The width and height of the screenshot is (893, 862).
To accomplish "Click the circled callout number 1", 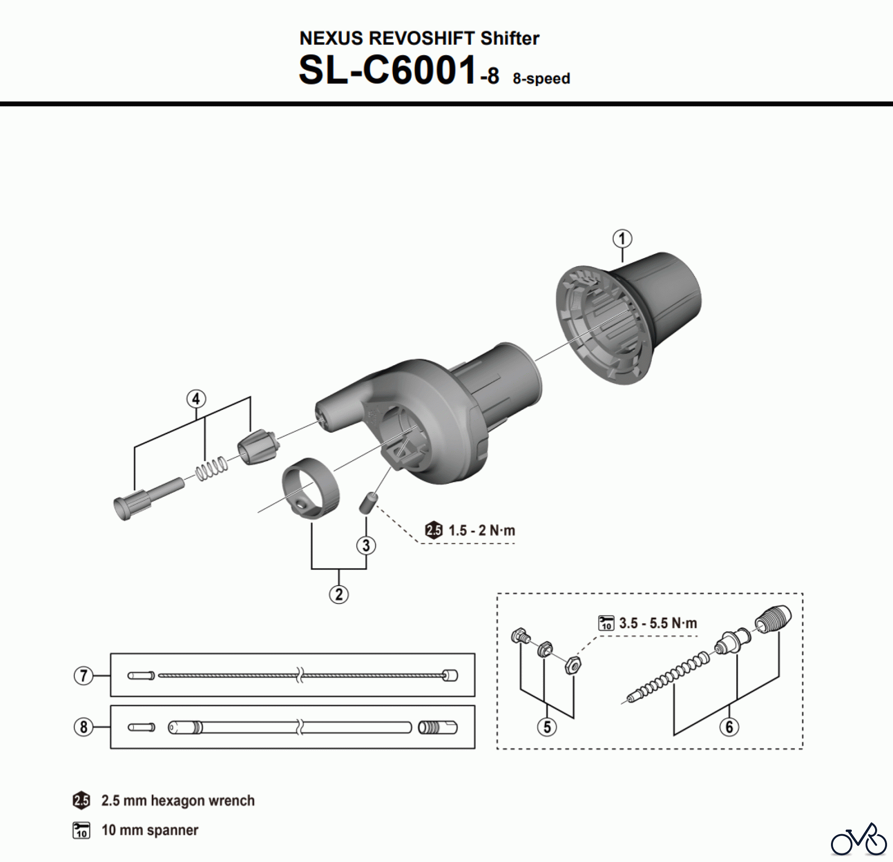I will pyautogui.click(x=622, y=239).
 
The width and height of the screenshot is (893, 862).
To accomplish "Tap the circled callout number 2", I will pyautogui.click(x=339, y=594).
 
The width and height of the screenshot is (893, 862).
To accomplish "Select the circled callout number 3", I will pyautogui.click(x=366, y=545).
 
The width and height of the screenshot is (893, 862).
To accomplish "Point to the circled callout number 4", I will pyautogui.click(x=196, y=399).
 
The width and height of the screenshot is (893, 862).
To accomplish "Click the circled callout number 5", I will pyautogui.click(x=547, y=727).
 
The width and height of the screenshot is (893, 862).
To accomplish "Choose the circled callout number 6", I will pyautogui.click(x=729, y=727).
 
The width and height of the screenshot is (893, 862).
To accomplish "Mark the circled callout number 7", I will pyautogui.click(x=83, y=675).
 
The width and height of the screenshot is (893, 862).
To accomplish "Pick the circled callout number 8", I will pyautogui.click(x=83, y=727).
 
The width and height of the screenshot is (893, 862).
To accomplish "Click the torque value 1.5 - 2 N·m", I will pyautogui.click(x=481, y=530).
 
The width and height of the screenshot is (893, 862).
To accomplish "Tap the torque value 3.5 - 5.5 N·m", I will pyautogui.click(x=658, y=623).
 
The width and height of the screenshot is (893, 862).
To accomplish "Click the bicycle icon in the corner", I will pyautogui.click(x=858, y=839).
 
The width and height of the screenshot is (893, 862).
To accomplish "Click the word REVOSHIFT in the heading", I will pyautogui.click(x=422, y=38).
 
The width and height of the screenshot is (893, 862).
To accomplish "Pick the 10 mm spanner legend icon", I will pyautogui.click(x=81, y=830).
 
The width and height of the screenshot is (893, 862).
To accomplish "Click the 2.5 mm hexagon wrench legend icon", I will pyautogui.click(x=81, y=800).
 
